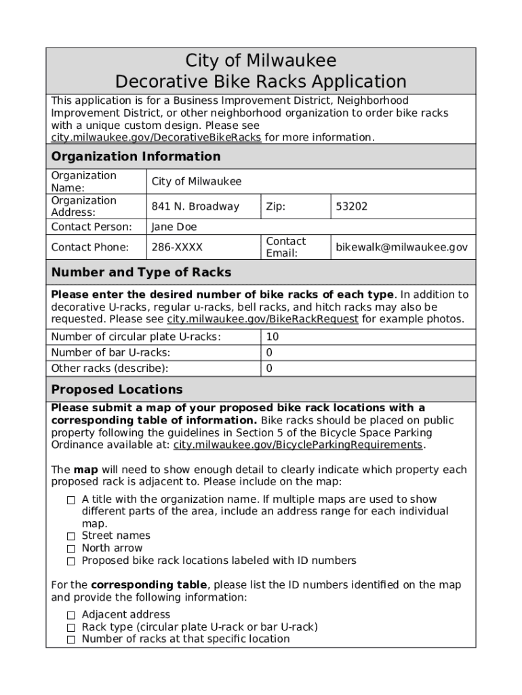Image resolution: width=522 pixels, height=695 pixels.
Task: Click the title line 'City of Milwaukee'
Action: (x=261, y=60)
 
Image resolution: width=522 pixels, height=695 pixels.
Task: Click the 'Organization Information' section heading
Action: (x=136, y=157)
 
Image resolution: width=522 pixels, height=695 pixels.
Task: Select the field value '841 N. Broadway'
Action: (x=195, y=206)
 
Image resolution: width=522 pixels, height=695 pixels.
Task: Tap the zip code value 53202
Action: (x=351, y=206)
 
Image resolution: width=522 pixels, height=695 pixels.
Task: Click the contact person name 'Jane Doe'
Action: (x=174, y=227)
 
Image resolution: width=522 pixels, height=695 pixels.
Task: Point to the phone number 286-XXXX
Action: (x=177, y=248)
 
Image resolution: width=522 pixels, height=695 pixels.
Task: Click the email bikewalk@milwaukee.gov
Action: (x=401, y=248)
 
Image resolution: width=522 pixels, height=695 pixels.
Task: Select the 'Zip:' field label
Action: (x=275, y=206)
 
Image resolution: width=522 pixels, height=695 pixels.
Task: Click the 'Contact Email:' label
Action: (x=285, y=248)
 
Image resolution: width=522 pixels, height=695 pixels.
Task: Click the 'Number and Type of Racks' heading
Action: (x=141, y=273)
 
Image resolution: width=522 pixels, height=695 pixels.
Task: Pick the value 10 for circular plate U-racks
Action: (x=272, y=337)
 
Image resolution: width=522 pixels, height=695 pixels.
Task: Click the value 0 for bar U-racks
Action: (x=269, y=353)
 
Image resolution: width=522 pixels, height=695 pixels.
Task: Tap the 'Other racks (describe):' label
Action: (x=110, y=369)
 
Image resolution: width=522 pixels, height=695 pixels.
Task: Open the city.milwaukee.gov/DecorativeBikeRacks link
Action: (x=156, y=138)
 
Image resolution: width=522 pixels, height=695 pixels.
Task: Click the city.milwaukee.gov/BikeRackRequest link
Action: (x=262, y=320)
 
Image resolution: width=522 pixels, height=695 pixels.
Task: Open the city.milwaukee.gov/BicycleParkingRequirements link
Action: (x=298, y=445)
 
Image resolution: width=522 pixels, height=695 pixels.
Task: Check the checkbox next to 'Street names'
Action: (x=71, y=536)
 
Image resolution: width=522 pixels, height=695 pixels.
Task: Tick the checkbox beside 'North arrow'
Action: (x=71, y=548)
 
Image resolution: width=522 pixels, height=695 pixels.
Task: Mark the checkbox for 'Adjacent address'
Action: (x=71, y=615)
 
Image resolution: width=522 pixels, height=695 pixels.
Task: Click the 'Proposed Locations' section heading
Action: (x=117, y=390)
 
